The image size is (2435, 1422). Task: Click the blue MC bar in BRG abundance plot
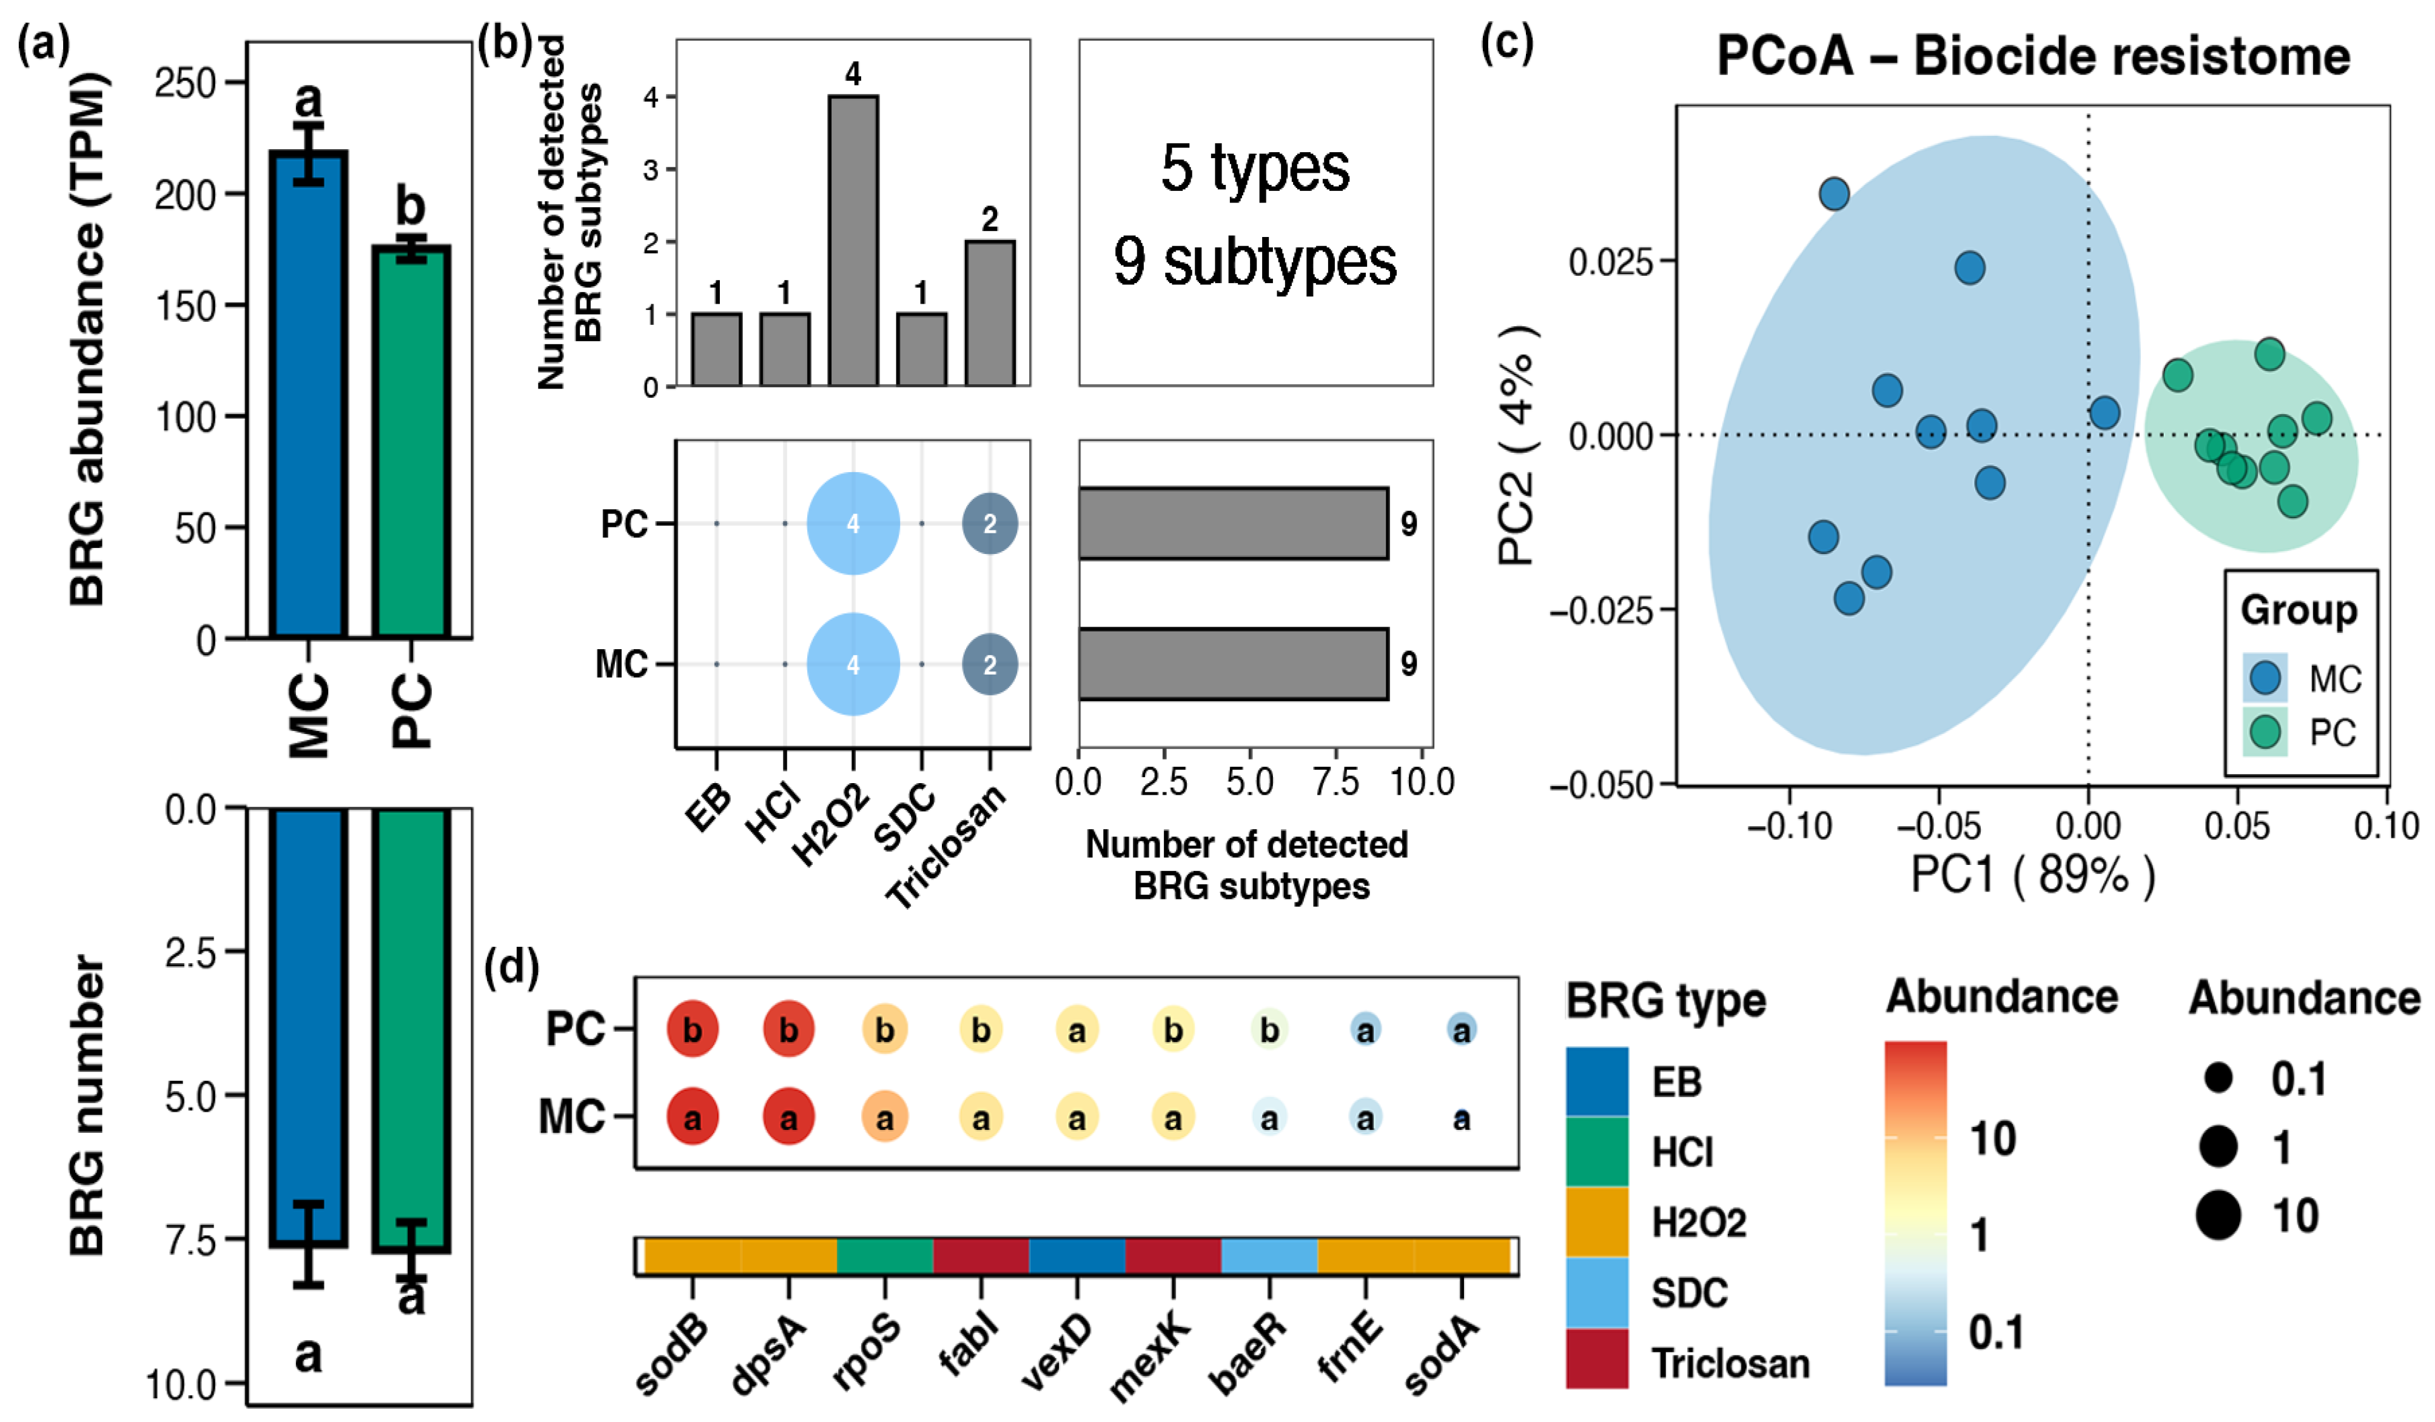(308, 396)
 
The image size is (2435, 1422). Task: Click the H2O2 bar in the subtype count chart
(853, 241)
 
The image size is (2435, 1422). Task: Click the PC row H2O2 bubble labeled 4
(853, 524)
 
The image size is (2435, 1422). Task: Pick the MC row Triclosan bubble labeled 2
(989, 664)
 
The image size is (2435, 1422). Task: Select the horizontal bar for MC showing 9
(1233, 664)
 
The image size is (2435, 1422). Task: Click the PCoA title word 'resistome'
(2226, 56)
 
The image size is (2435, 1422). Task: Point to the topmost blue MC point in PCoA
(1834, 194)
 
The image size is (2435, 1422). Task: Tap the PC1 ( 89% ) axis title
(2033, 875)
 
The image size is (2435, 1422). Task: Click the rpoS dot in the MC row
(884, 1118)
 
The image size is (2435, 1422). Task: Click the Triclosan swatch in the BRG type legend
(1596, 1360)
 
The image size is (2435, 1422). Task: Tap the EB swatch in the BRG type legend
(1596, 1080)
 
